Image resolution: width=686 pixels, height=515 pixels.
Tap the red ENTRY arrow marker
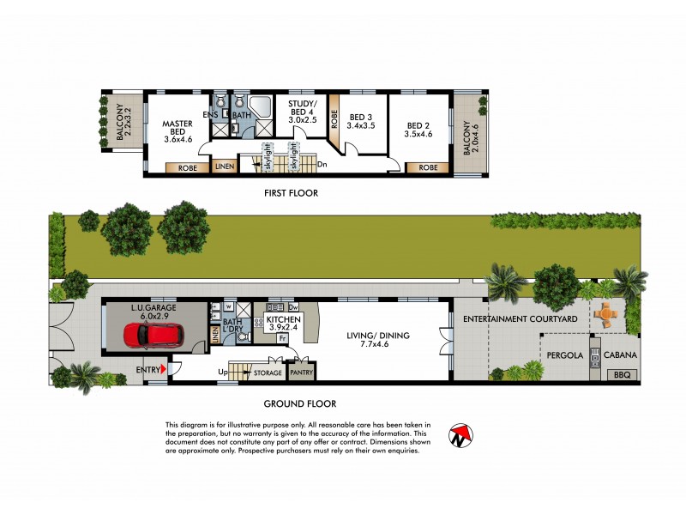[x=163, y=369]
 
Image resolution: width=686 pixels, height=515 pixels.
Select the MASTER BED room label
[x=178, y=124]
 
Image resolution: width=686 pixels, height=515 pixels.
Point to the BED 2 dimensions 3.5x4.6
[x=419, y=135]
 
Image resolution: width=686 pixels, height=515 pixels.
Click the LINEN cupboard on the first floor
[x=225, y=167]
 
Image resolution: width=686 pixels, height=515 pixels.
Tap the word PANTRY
[x=302, y=373]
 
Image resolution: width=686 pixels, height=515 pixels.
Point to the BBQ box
[x=622, y=375]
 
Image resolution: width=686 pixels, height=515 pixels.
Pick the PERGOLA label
[x=564, y=354]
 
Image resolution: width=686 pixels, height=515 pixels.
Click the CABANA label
[x=619, y=354]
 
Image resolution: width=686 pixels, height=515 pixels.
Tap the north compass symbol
[x=461, y=437]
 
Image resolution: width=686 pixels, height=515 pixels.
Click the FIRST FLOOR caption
[x=291, y=193]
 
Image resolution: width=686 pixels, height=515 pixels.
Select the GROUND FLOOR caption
[x=299, y=403]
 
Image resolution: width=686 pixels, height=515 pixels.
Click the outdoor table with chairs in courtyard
[x=606, y=314]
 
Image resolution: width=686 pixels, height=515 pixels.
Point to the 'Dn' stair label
[x=322, y=164]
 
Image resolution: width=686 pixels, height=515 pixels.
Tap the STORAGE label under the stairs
[x=268, y=373]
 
